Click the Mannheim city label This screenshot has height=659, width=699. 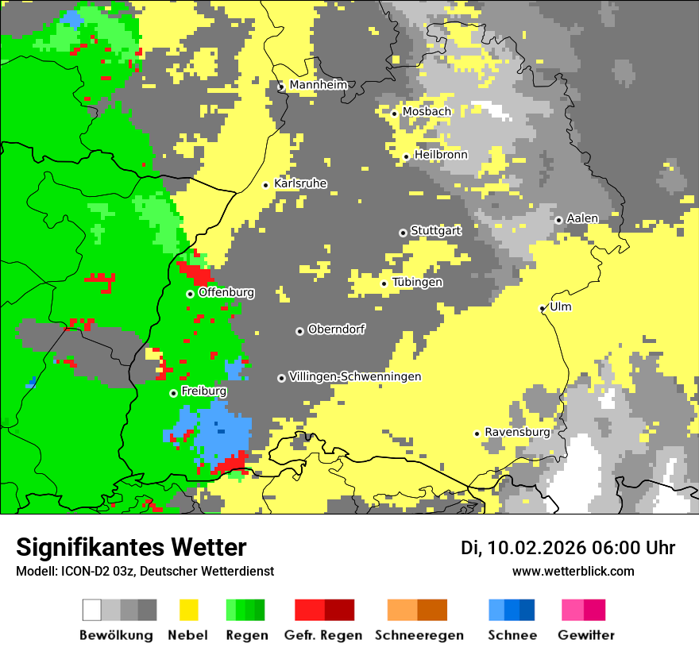[x=318, y=85]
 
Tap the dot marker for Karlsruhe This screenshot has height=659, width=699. [x=266, y=185]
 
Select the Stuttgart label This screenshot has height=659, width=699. [x=435, y=231]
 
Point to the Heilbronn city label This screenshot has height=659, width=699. [x=441, y=155]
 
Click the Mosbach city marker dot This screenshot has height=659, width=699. [x=394, y=114]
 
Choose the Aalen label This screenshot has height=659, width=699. [x=582, y=218]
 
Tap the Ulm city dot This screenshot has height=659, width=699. [x=543, y=308]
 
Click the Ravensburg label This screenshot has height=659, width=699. [x=517, y=432]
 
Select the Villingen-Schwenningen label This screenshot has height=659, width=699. [x=355, y=376]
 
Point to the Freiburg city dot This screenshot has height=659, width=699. [x=173, y=393]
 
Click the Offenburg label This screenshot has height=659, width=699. [x=226, y=292]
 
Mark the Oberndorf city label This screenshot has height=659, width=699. [x=337, y=329]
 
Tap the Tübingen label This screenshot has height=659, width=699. [x=417, y=282]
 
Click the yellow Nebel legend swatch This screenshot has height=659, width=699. [x=188, y=610]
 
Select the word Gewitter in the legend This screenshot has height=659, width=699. [x=585, y=635]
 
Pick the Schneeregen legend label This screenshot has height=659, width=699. [x=419, y=635]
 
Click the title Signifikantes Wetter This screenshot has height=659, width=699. [x=131, y=547]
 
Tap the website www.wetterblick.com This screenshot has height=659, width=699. [x=573, y=571]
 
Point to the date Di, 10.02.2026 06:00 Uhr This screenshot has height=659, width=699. [x=567, y=548]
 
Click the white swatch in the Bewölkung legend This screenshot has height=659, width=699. [x=92, y=610]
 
